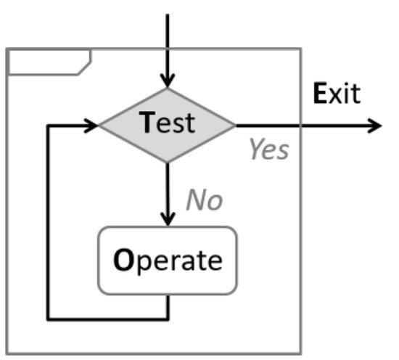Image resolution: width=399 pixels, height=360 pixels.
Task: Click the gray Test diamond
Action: tap(168, 125)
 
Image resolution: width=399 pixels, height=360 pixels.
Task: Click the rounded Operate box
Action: tap(168, 260)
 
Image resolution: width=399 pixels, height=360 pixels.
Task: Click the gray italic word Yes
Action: tap(268, 150)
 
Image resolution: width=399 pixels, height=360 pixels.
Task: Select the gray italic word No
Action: tap(204, 200)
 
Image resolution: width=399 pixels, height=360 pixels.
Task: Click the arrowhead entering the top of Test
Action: tap(168, 81)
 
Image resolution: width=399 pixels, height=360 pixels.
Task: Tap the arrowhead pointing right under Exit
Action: tap(374, 126)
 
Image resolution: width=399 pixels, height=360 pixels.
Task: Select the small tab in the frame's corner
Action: tap(48, 62)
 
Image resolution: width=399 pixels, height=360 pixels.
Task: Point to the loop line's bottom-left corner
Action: tap(48, 318)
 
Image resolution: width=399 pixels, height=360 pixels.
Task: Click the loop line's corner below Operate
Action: tap(168, 318)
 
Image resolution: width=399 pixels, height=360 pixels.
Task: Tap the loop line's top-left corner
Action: tap(48, 126)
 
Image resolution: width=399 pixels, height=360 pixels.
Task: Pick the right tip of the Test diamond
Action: tap(235, 126)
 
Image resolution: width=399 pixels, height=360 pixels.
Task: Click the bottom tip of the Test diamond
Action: tap(168, 162)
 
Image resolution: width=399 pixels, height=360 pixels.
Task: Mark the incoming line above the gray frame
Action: tap(168, 29)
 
